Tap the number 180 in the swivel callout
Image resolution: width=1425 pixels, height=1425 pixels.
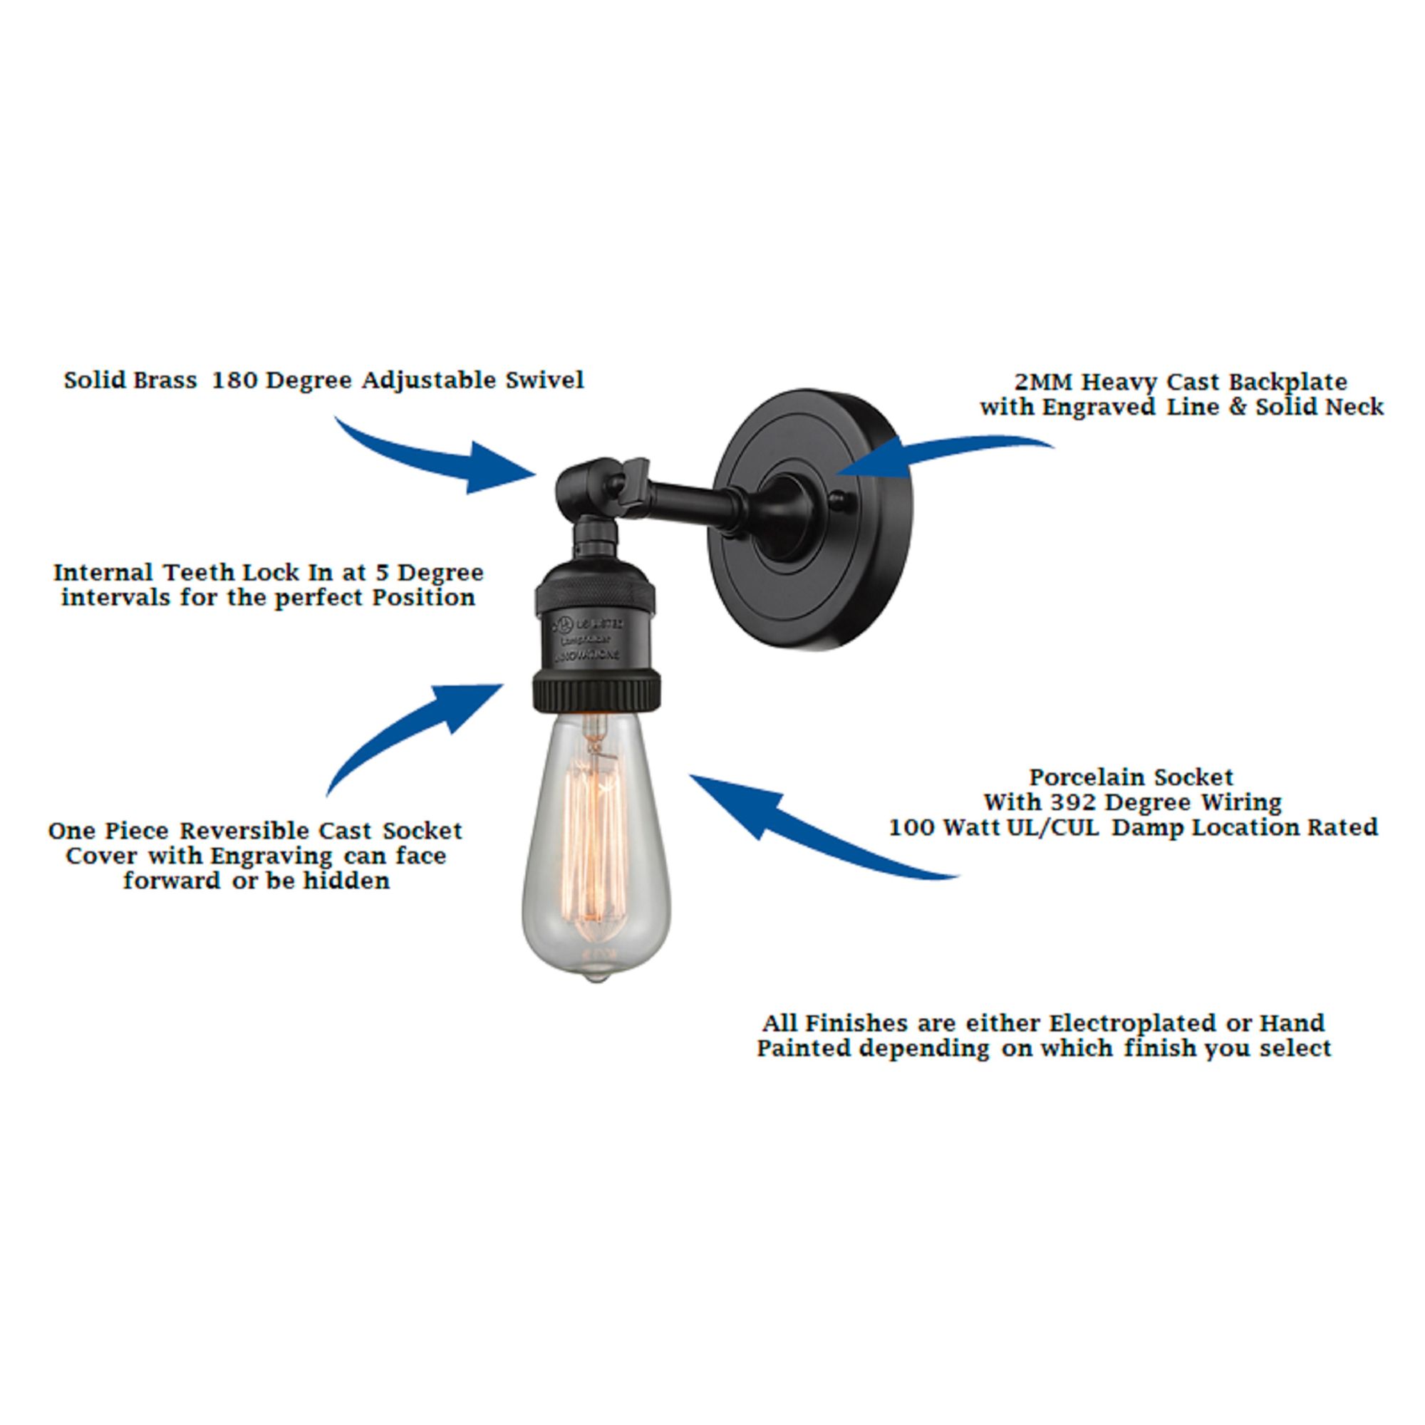234,380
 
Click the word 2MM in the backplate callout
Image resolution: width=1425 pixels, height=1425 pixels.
1043,382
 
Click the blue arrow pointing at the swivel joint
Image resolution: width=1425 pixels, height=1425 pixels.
435,457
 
